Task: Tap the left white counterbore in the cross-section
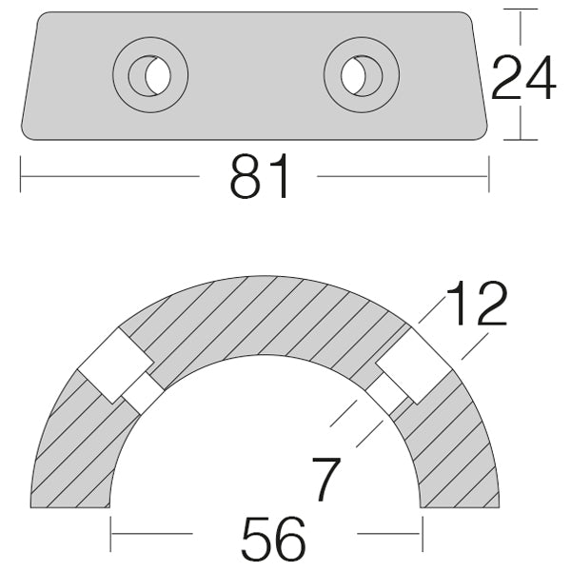point(113,365)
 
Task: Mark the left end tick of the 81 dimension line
point(21,176)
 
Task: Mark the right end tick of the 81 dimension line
point(488,176)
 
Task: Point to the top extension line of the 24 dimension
point(521,10)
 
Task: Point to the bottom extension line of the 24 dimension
point(521,139)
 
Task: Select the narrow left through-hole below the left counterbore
point(142,392)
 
